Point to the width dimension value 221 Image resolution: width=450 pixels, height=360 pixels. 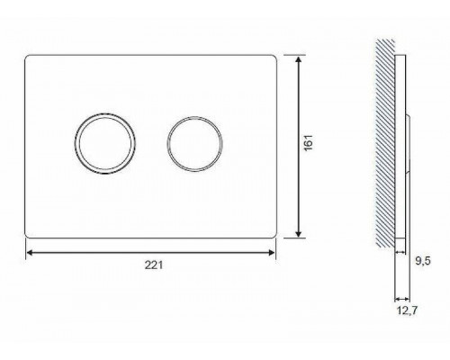154,267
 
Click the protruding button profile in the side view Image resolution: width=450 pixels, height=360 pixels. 410,144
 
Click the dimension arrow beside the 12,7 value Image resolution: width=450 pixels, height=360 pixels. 401,299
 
